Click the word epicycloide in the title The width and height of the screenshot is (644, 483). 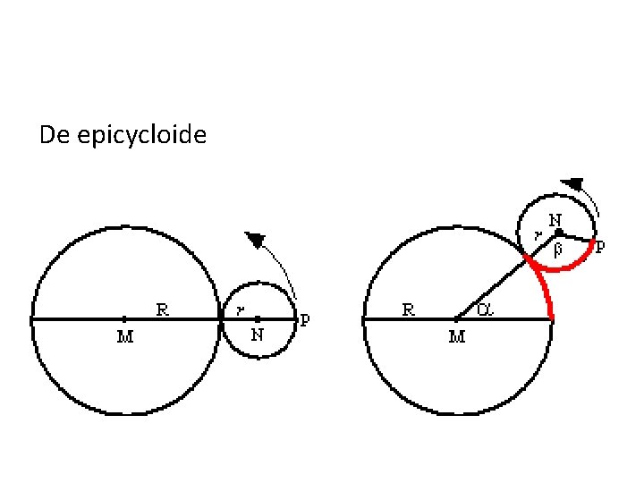[142, 136]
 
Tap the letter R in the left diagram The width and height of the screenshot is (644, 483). [164, 309]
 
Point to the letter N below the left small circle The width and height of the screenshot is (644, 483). [258, 336]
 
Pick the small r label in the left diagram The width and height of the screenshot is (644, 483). [240, 311]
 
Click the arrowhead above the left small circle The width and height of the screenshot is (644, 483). [257, 240]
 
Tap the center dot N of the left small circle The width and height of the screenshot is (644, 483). [258, 318]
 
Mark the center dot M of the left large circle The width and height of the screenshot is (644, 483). [124, 318]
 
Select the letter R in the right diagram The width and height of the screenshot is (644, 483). [408, 310]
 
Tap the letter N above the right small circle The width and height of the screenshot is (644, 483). [555, 219]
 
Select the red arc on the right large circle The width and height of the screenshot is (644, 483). [545, 289]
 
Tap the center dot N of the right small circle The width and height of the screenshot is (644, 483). [558, 233]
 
